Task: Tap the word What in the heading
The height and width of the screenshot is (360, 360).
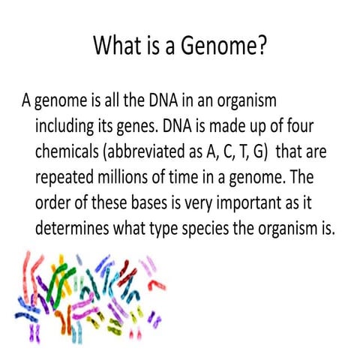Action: click(118, 46)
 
